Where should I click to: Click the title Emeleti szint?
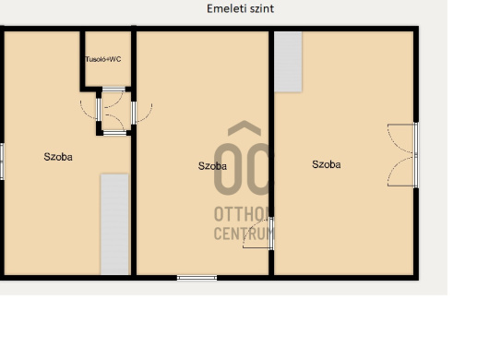[240, 8]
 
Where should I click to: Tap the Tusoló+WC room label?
[103, 59]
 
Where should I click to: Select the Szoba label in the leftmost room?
[58, 157]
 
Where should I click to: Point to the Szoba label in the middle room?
[212, 165]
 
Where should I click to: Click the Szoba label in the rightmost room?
[327, 164]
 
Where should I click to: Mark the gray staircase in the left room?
[114, 224]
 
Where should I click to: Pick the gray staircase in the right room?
[288, 62]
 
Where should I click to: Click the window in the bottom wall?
[197, 278]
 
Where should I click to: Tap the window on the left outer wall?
[2, 162]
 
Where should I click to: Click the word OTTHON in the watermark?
[242, 214]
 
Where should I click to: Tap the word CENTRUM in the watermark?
[244, 234]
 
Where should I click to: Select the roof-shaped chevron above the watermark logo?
[244, 128]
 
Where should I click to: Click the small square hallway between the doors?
[114, 111]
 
